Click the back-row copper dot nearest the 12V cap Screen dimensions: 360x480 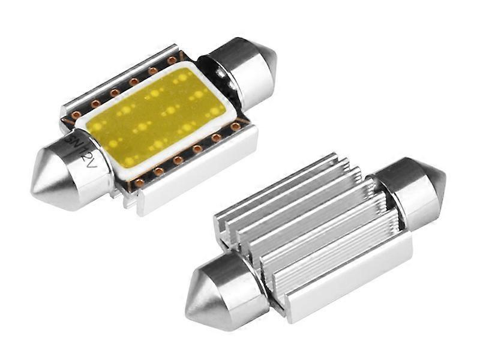click(76, 114)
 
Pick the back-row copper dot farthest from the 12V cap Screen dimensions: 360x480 click(172, 61)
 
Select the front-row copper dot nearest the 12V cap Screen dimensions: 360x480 click(139, 182)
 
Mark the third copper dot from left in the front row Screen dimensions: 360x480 click(178, 160)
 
